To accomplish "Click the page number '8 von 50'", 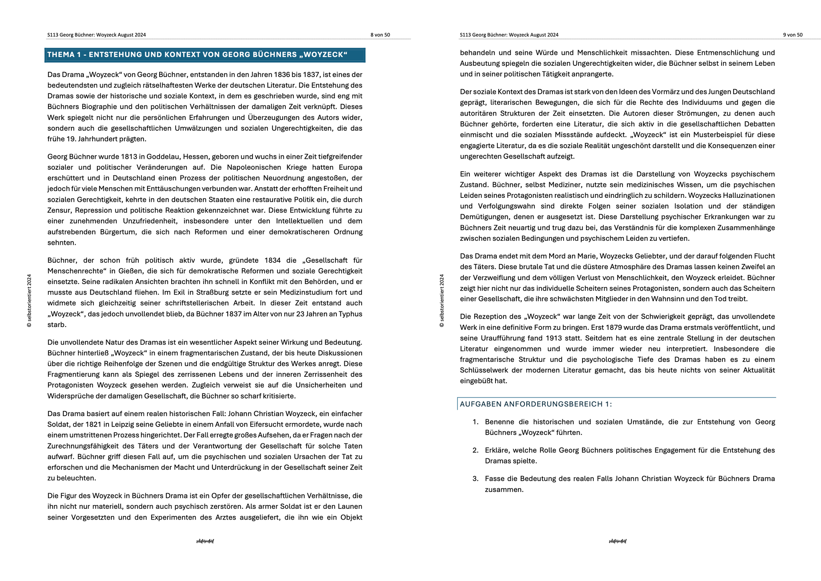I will coord(380,35).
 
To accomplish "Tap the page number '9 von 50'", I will coord(793,35).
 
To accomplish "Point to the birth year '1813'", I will coord(129,156).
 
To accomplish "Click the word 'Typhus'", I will coord(351,314).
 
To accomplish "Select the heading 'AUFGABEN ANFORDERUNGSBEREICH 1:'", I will coord(536,404).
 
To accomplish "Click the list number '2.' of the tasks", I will coord(475,450).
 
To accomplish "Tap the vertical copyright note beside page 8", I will coord(29,301).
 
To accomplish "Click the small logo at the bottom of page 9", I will coord(617,541).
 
